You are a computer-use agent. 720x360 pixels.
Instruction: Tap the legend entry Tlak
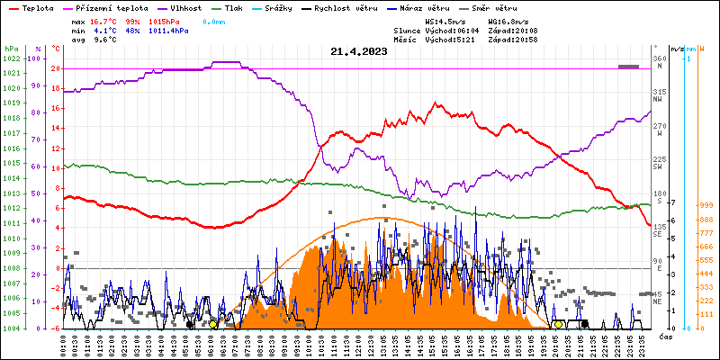pos(233,7)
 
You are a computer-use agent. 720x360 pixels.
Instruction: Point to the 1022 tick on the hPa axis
pos(11,59)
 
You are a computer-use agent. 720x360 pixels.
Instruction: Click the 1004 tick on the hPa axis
pos(11,328)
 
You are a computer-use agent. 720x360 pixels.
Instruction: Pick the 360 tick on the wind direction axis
pos(659,58)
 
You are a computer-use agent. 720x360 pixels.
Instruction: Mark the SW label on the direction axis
pos(657,166)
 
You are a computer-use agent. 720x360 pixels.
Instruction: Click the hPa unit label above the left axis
pos(11,49)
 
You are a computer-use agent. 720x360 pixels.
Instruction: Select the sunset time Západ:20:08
pos(512,30)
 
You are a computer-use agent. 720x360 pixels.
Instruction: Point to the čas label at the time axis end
pos(665,337)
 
